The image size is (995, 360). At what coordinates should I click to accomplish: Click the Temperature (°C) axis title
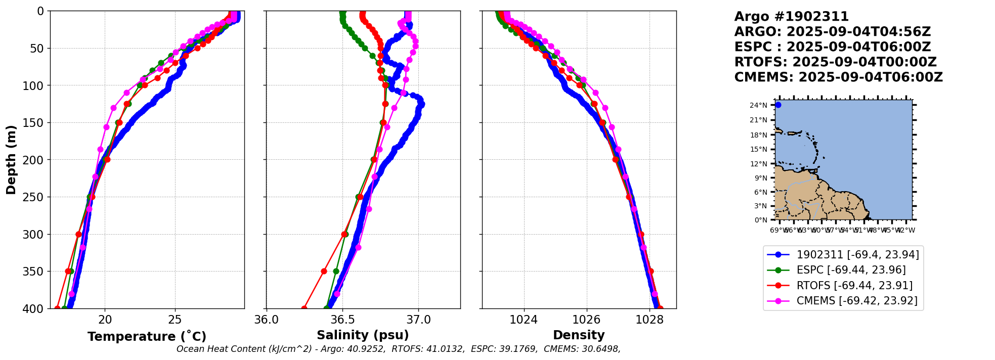tap(147, 337)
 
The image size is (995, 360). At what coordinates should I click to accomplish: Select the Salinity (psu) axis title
tap(363, 335)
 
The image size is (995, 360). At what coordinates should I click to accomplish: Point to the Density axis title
tap(579, 335)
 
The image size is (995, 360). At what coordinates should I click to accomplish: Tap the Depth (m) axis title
tap(11, 160)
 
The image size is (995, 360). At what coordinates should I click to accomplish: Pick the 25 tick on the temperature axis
tap(175, 320)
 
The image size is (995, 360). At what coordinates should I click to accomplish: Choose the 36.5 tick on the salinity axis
tap(342, 320)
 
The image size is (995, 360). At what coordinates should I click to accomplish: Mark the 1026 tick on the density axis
tap(587, 320)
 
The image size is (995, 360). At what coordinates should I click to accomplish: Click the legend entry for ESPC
tap(851, 270)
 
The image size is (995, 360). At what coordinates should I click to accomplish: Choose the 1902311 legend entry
tap(857, 255)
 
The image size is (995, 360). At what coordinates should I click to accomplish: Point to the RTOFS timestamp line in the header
tap(835, 62)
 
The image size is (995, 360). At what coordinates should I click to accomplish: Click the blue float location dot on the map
tap(778, 105)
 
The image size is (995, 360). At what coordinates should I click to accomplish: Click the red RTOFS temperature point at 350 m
tap(68, 272)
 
